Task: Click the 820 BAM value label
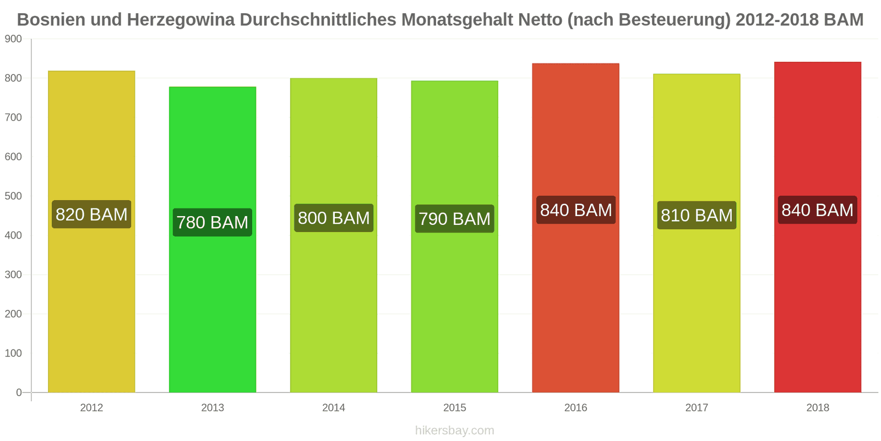91,214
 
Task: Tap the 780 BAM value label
212,222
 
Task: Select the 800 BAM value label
334,218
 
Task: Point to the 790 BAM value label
454,219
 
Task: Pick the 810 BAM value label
697,215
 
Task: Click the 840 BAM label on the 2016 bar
576,210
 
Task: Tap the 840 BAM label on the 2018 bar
817,210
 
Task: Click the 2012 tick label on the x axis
91,408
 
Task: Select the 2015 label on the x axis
454,408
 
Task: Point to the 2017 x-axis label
697,408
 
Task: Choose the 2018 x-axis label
817,408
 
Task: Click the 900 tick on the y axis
13,39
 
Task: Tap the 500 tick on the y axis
13,196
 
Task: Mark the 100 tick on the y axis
13,353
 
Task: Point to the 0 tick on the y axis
19,392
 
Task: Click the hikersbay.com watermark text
454,431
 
